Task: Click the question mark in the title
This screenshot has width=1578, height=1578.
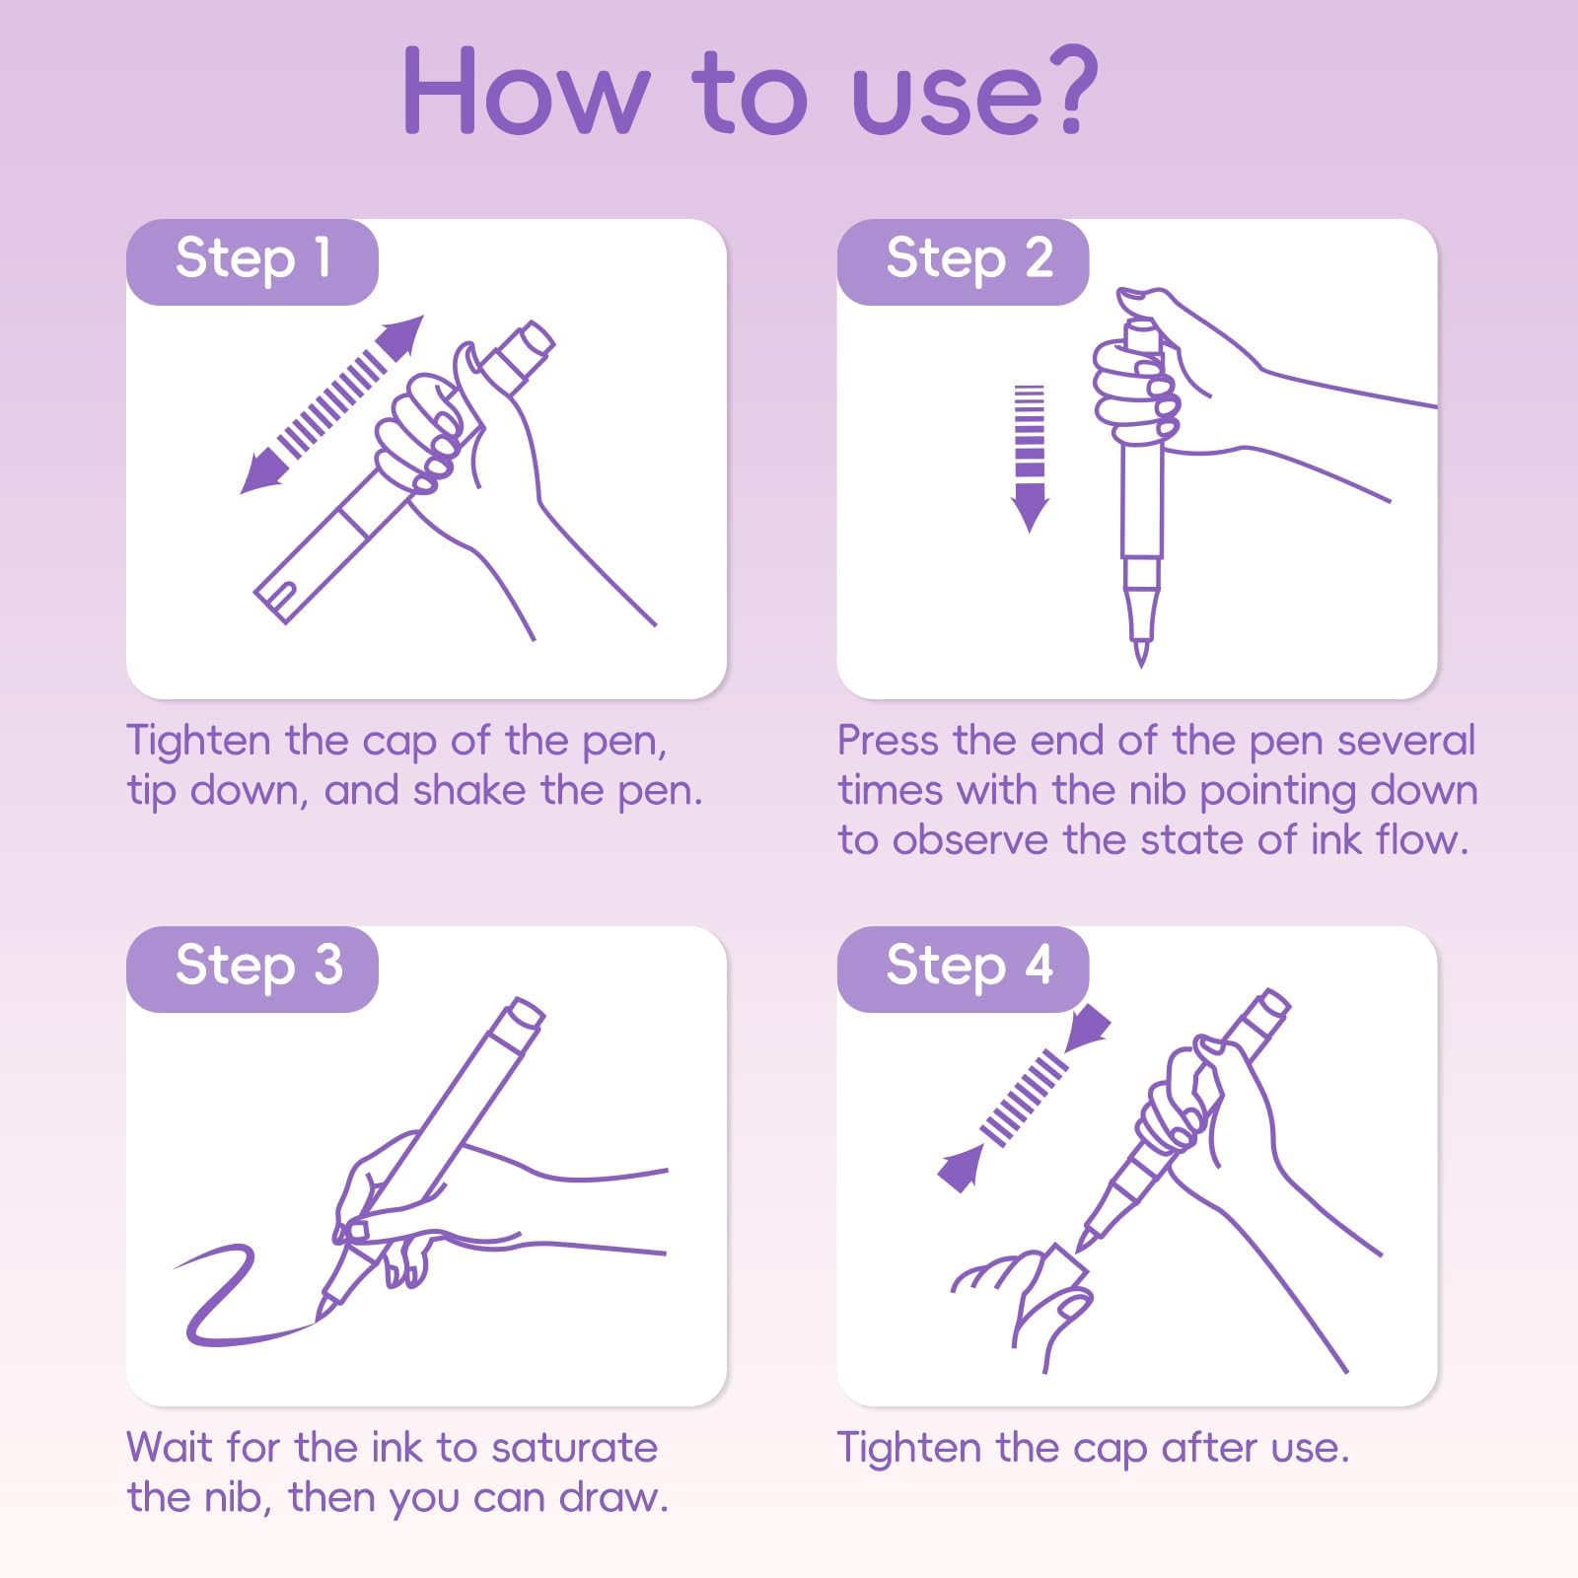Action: click(1066, 91)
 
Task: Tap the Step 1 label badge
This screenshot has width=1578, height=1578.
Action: click(252, 261)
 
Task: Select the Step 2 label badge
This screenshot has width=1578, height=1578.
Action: click(964, 261)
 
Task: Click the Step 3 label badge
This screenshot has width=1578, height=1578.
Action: click(252, 968)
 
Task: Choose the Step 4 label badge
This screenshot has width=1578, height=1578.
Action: click(964, 968)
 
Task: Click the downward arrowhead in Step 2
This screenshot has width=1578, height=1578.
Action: click(1030, 507)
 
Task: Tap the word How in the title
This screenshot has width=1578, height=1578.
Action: click(526, 91)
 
